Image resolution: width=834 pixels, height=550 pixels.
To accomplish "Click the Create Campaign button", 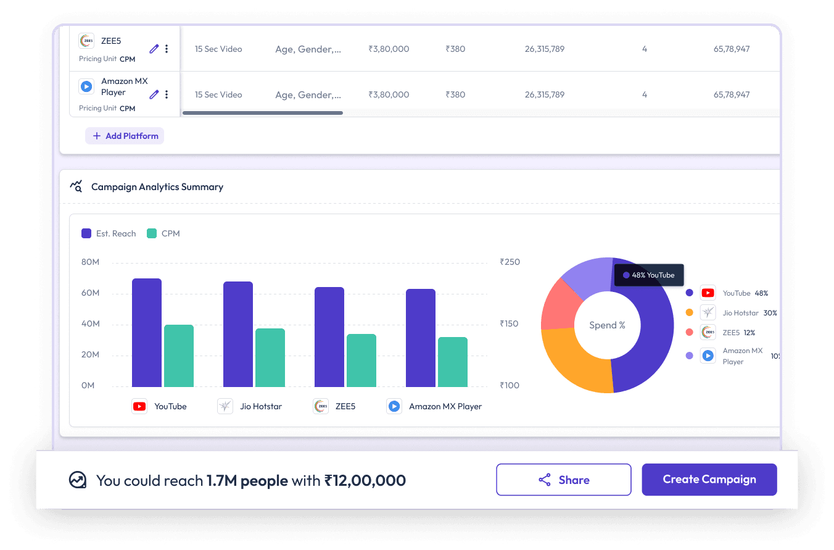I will [x=709, y=480].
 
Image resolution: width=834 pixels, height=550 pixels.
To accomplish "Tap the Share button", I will [x=563, y=480].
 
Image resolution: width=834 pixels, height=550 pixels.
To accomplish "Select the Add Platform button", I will [x=125, y=136].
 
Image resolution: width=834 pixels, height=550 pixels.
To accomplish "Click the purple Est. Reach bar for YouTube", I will [x=147, y=333].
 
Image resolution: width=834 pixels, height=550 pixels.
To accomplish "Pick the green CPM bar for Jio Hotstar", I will [x=270, y=357].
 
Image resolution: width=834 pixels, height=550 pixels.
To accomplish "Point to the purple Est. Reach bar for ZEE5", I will [x=329, y=337].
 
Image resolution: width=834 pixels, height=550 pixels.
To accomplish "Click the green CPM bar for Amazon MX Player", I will [x=453, y=362].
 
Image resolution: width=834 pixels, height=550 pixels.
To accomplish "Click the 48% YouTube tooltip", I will [x=649, y=275].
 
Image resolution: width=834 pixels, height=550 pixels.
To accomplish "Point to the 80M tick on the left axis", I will [x=90, y=262].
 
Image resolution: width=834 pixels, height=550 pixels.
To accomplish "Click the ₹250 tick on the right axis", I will [x=510, y=262].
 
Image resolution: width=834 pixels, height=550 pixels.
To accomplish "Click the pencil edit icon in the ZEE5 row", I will [x=154, y=48].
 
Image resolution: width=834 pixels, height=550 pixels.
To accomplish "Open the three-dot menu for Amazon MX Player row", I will [x=167, y=94].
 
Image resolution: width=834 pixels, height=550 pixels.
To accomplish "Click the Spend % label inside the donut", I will [x=607, y=325].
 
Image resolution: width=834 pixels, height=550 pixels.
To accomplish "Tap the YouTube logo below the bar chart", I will [x=139, y=406].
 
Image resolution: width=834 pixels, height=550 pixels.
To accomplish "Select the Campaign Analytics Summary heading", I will [x=157, y=186].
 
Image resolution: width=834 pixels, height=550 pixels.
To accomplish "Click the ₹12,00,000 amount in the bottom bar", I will [x=365, y=480].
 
